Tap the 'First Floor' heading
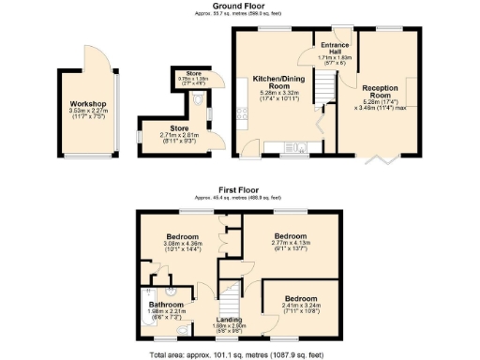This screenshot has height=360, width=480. [240, 188]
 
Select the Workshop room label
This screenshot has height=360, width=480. [86, 103]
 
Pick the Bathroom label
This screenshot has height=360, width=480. [165, 304]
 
